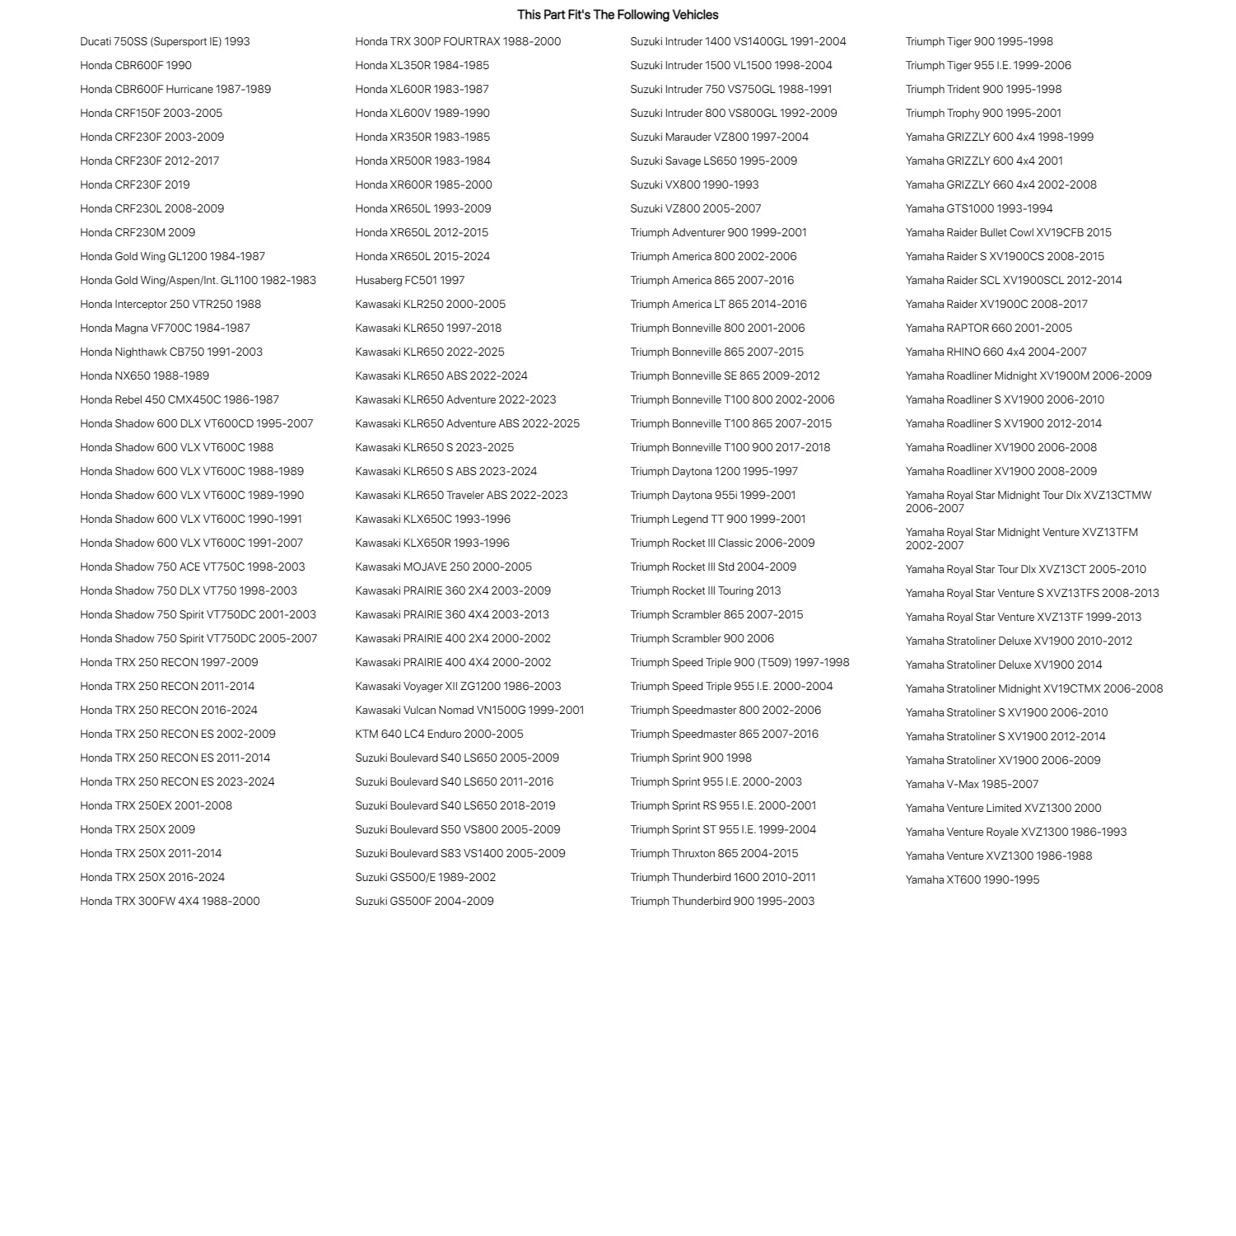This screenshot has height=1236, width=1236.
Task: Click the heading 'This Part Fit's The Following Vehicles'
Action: (x=618, y=15)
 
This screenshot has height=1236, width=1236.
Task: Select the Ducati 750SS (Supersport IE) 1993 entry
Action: (x=165, y=41)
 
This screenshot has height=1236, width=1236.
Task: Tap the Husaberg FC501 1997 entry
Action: (x=409, y=280)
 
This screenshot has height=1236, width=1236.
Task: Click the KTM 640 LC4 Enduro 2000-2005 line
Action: (x=439, y=734)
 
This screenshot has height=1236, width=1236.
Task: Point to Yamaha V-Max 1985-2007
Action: (x=972, y=784)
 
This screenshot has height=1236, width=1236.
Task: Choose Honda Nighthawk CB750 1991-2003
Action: (x=171, y=352)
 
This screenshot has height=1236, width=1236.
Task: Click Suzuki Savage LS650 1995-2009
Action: (x=713, y=161)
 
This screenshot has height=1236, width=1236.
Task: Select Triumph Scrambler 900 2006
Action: (x=702, y=638)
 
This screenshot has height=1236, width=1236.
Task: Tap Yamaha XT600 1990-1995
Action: (x=972, y=879)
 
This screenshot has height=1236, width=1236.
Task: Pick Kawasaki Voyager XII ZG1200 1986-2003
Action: (x=458, y=686)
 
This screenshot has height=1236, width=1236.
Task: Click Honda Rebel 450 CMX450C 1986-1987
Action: (x=180, y=399)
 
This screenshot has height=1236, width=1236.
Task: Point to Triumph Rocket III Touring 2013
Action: (x=705, y=590)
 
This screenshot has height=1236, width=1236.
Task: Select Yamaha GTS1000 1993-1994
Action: (x=978, y=208)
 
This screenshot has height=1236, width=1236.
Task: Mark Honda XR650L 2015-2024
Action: (x=422, y=256)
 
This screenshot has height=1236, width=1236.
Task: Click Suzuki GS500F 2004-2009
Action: (x=424, y=901)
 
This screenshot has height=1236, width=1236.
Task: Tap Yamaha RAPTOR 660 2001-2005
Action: (x=988, y=328)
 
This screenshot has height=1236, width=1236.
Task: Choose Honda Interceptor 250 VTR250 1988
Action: (x=170, y=304)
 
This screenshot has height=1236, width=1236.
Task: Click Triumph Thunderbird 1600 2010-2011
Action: (x=722, y=877)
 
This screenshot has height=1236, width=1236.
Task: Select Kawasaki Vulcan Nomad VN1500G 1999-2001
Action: (x=469, y=710)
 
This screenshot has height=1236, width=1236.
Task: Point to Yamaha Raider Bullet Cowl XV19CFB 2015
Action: (x=1008, y=232)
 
